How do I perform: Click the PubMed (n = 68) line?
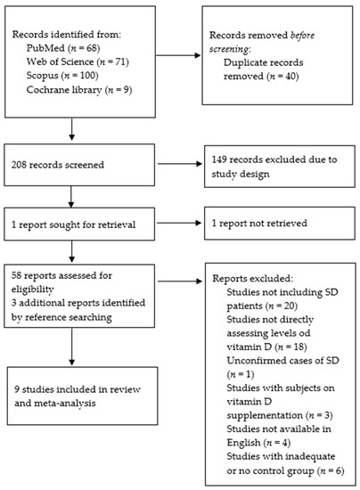coord(63,48)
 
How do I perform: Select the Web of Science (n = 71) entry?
coord(78,61)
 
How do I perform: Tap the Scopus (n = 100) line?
coord(62,76)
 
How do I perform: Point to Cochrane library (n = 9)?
coord(79,90)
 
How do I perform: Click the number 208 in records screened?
coord(18,165)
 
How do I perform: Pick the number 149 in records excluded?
coord(218,159)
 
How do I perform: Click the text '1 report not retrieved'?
coord(259,223)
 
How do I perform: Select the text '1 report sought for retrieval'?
coord(73,225)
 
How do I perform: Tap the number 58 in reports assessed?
coord(16,275)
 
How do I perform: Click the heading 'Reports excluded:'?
coord(253,278)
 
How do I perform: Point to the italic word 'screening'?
coord(229,49)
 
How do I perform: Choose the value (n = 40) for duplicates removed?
coord(282,77)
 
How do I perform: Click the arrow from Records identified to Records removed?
coord(178,55)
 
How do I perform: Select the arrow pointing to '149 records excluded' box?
coord(180,163)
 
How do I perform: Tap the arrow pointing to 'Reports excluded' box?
coord(180,282)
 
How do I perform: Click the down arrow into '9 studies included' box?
coord(71,347)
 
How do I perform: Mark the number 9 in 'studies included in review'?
coord(17,389)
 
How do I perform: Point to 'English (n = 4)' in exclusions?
coord(258,443)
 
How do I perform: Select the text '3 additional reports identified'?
coord(78,303)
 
